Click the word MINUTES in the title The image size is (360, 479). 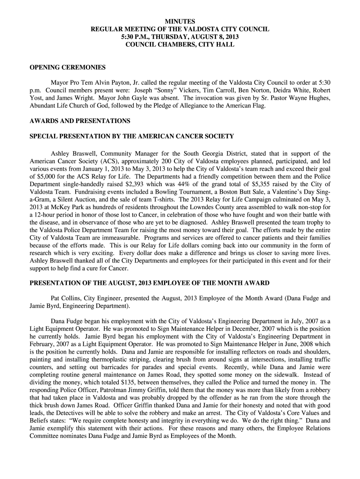180,22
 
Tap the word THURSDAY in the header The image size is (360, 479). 174,36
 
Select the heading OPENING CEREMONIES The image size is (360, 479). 68,67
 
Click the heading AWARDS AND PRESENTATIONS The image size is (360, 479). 80,121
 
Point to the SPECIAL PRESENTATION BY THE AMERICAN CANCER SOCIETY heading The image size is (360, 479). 132,136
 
